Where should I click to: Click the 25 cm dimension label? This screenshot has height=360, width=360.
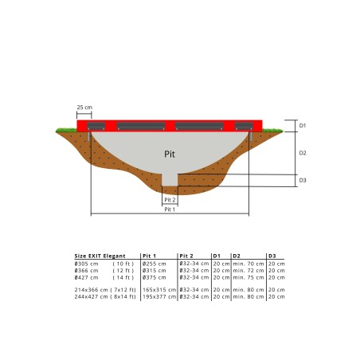pos(83,106)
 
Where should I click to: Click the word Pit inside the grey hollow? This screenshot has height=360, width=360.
pos(170,152)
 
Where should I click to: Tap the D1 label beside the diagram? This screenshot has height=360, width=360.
pos(303,125)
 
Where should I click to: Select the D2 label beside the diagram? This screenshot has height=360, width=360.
pos(303,152)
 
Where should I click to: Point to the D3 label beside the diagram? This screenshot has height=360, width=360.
pos(303,180)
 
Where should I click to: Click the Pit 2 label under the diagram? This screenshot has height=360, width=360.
pos(170,200)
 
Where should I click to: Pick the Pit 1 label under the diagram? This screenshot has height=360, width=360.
pos(170,209)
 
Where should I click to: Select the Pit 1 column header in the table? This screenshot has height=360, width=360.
pos(149,256)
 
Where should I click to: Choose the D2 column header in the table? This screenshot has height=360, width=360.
pos(237,256)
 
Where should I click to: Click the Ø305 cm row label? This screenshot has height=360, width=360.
pos(87,263)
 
